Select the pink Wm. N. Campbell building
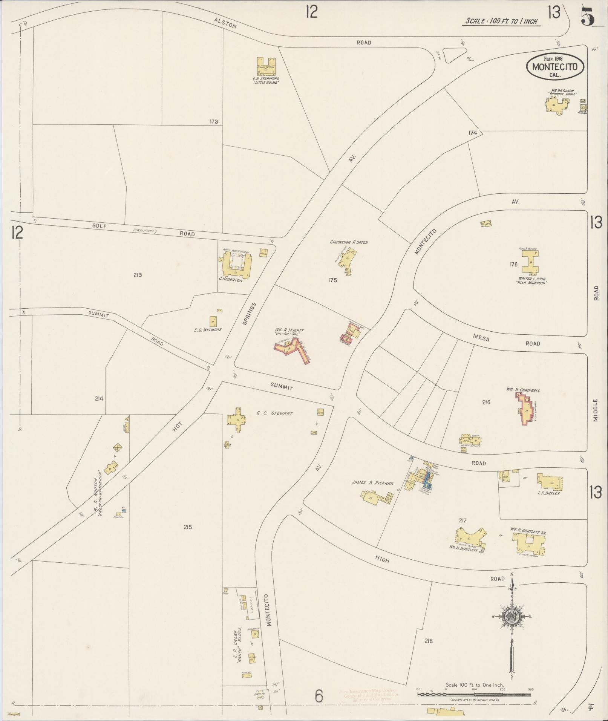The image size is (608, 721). point(525,409)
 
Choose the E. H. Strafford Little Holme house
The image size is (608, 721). point(266,66)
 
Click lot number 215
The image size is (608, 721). point(188,527)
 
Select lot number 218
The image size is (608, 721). point(428,641)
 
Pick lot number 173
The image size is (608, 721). point(214,122)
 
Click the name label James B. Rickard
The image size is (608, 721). point(372,483)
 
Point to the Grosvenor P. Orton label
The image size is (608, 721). point(349,242)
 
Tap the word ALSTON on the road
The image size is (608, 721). point(225,23)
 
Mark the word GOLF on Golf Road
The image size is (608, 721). point(100,226)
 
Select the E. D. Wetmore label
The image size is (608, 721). point(208,330)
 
